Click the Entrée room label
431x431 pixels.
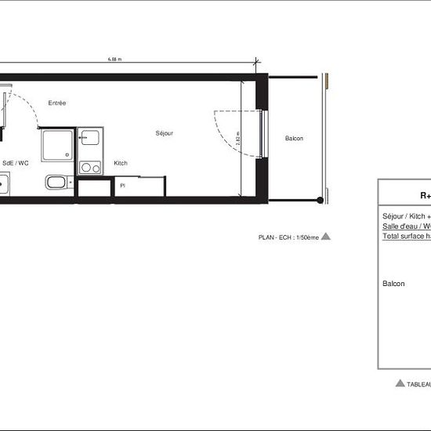click(57, 103)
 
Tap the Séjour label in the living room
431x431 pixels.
click(164, 133)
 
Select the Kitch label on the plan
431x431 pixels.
click(121, 163)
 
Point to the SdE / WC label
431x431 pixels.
click(16, 163)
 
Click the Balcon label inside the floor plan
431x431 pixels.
click(294, 139)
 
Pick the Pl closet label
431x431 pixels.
click(122, 186)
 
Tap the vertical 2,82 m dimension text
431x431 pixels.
click(238, 139)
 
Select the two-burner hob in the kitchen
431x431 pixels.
click(90, 167)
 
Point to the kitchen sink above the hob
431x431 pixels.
click(89, 139)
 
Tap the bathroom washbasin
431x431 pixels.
click(56, 183)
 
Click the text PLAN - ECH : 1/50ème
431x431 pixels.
click(288, 237)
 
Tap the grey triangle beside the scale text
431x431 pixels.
click(327, 236)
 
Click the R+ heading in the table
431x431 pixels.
click(426, 197)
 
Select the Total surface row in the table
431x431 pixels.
click(406, 236)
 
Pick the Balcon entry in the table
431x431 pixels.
click(393, 284)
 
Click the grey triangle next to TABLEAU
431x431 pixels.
click(400, 383)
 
